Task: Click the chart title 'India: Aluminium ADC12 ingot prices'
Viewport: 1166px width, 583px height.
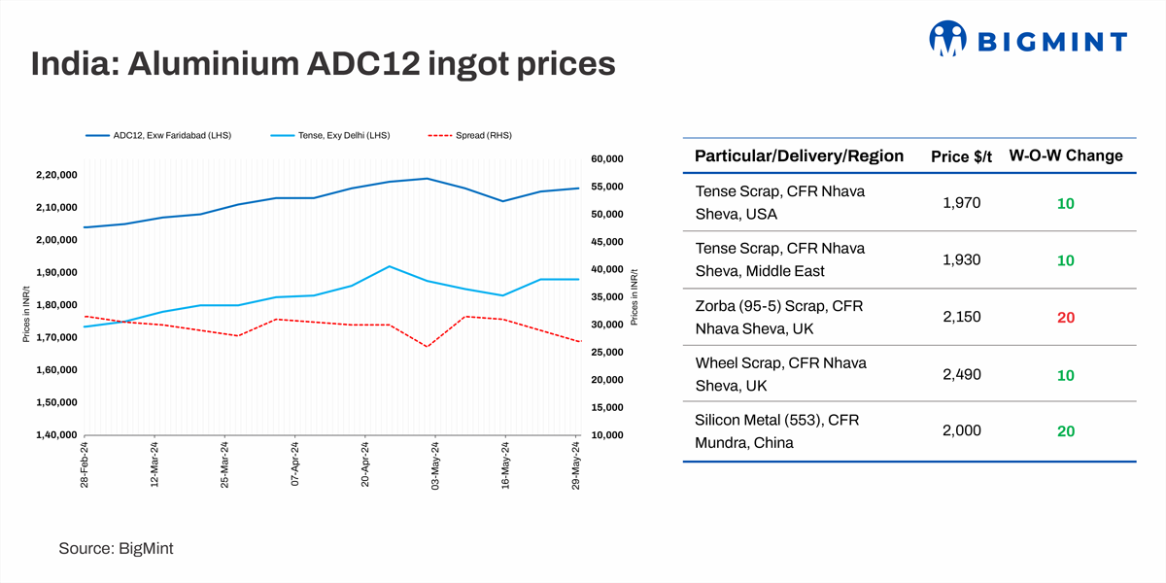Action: tap(323, 64)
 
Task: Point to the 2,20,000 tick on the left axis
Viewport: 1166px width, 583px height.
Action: tap(56, 175)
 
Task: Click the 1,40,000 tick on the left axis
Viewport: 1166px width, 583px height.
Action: tap(56, 434)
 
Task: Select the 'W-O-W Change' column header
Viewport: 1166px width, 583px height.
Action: tap(1066, 155)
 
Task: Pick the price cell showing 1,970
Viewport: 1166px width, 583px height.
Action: tap(962, 203)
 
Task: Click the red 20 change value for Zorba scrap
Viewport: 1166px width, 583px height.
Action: tap(1066, 318)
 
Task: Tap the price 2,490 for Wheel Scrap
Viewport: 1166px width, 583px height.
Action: tap(962, 374)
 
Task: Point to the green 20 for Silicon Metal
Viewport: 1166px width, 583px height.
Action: tap(1066, 431)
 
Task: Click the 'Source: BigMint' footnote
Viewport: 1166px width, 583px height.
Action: tap(116, 549)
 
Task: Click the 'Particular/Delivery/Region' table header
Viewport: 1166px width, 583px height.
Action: tap(799, 156)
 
